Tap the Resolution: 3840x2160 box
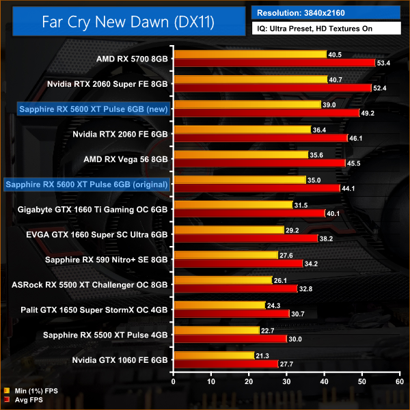pos(327,12)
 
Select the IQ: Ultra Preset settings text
pos(327,29)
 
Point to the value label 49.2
pos(367,113)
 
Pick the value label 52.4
pos(379,87)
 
